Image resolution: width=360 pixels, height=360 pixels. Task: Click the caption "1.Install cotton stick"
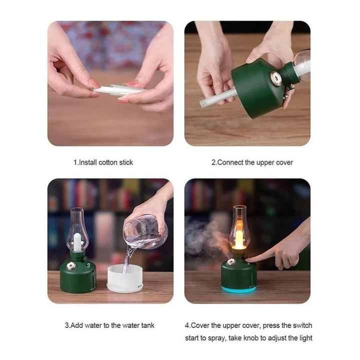(103, 162)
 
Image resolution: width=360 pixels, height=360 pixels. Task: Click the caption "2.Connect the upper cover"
(252, 162)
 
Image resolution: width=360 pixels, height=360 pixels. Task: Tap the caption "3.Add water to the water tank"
(109, 325)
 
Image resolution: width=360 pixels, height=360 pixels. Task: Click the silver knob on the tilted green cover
(274, 78)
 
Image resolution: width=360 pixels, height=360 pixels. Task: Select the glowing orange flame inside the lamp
(239, 240)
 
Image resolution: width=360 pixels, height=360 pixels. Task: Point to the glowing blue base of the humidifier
(239, 289)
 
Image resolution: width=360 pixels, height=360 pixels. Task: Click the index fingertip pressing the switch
(249, 258)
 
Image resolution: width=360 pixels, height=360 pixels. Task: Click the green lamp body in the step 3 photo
(74, 278)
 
